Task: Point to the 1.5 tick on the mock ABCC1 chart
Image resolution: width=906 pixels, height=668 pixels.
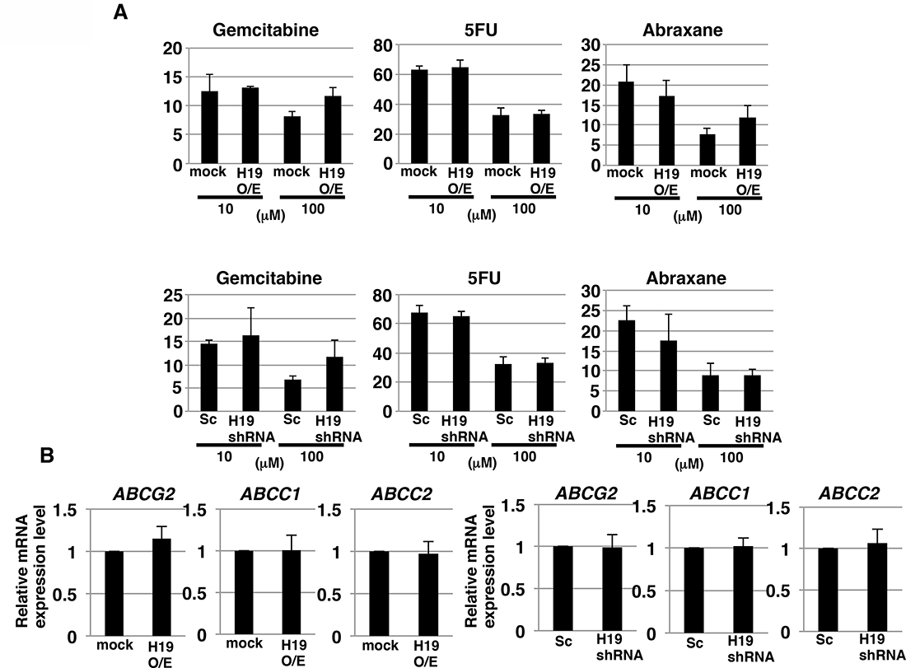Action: (x=190, y=510)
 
